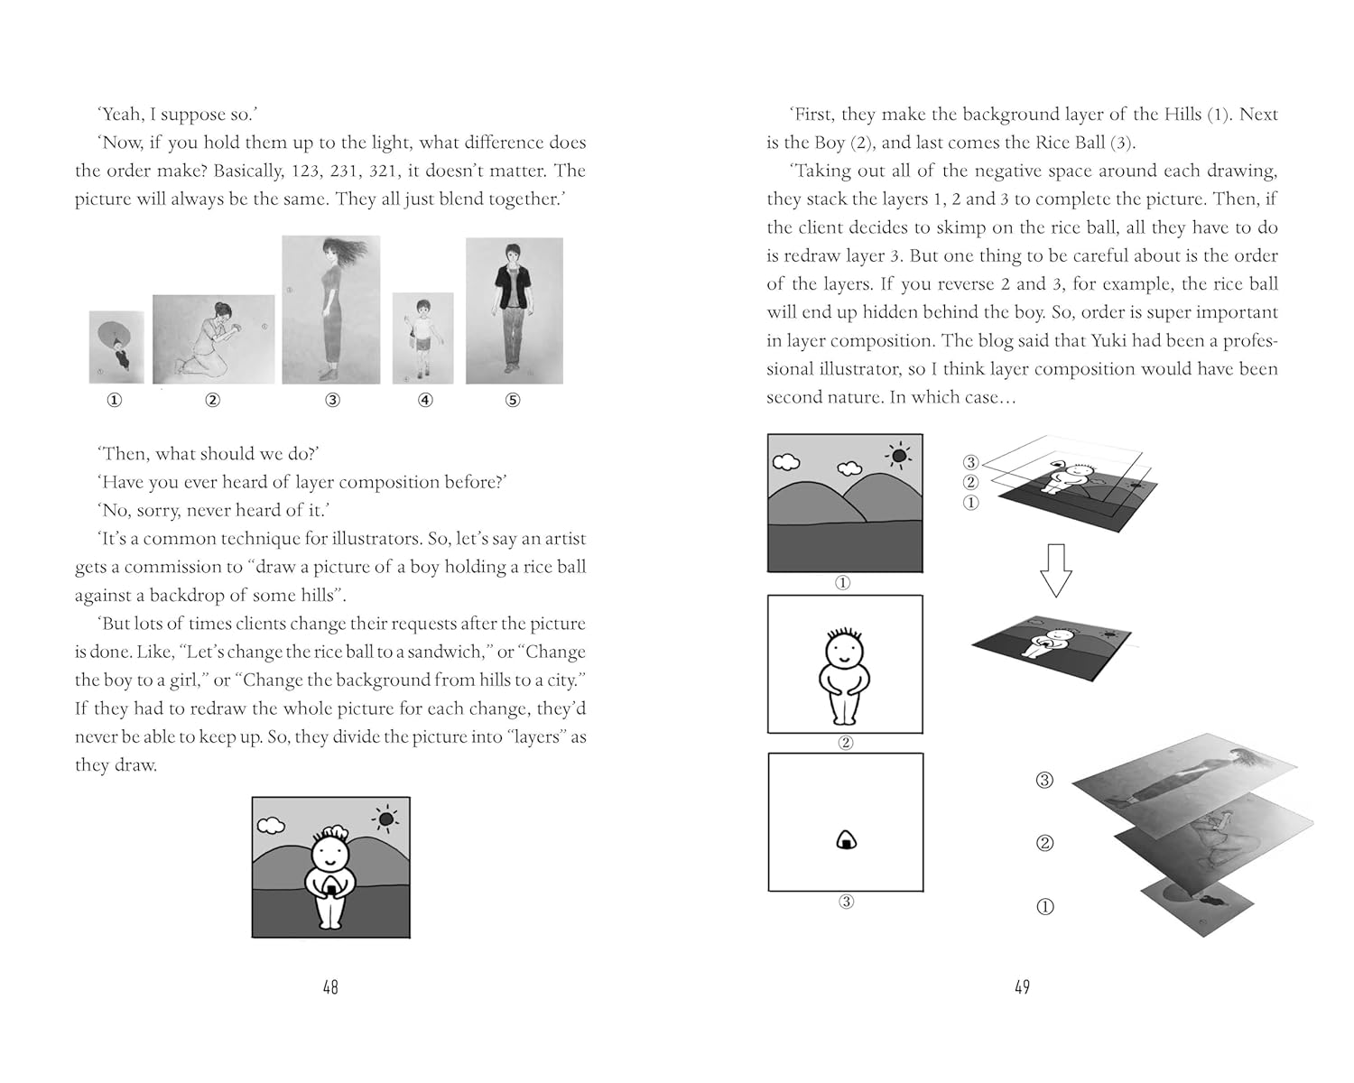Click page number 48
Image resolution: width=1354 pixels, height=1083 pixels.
(330, 987)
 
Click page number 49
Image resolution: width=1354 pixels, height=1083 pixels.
(1022, 987)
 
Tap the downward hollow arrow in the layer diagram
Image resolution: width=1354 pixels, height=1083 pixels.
(1055, 569)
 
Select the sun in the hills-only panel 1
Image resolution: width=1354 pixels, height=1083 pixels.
(897, 456)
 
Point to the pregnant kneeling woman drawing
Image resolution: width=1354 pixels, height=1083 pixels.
(213, 339)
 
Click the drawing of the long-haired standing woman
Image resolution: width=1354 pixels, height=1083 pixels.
(331, 310)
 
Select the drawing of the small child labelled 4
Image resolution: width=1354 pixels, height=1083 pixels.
(422, 338)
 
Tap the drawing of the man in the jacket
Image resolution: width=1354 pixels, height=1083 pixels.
(514, 310)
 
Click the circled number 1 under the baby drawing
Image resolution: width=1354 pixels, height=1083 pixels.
(114, 400)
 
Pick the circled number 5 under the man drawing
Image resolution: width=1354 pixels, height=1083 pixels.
(513, 400)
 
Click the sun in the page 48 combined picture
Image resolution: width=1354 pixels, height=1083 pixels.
(386, 819)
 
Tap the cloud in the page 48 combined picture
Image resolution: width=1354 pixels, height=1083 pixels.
(271, 825)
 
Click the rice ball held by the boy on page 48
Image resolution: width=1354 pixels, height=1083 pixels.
(331, 886)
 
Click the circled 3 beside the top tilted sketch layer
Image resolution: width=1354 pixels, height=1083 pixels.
(1044, 780)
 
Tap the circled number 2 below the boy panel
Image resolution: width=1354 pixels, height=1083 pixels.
(846, 743)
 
